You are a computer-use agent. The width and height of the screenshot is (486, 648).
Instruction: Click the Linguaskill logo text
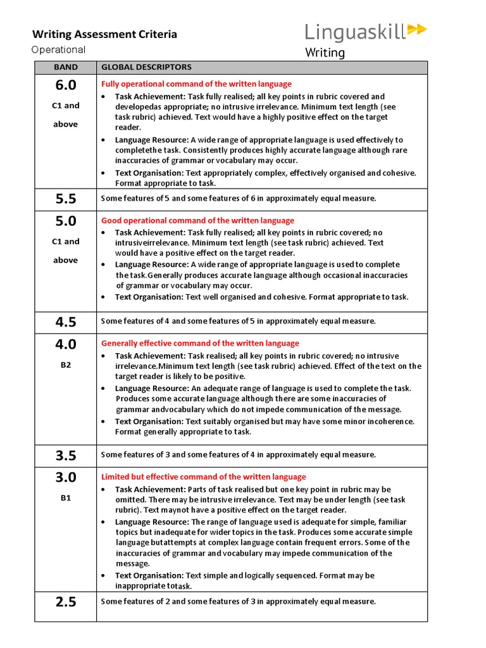pyautogui.click(x=356, y=31)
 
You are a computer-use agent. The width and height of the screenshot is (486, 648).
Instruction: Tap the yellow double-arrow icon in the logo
pyautogui.click(x=417, y=29)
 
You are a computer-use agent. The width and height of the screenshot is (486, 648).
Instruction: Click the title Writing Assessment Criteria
pyautogui.click(x=104, y=34)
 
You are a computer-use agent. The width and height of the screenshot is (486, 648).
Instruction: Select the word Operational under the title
pyautogui.click(x=59, y=50)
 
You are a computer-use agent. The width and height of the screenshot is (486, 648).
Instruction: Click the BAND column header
pyautogui.click(x=66, y=67)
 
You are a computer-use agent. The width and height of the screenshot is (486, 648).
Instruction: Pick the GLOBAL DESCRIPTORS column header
pyautogui.click(x=146, y=67)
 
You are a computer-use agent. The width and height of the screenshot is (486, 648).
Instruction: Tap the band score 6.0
pyautogui.click(x=66, y=85)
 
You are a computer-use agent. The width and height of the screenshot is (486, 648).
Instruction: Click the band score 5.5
pyautogui.click(x=66, y=199)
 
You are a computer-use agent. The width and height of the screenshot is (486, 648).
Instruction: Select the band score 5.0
pyautogui.click(x=66, y=221)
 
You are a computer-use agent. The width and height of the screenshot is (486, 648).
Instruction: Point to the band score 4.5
pyautogui.click(x=66, y=321)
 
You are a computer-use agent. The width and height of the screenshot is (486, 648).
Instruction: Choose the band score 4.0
pyautogui.click(x=66, y=344)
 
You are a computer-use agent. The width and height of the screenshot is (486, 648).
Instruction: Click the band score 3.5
pyautogui.click(x=66, y=455)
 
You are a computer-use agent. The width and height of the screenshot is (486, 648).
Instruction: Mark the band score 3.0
pyautogui.click(x=66, y=477)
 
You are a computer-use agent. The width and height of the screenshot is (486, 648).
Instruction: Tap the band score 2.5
pyautogui.click(x=66, y=602)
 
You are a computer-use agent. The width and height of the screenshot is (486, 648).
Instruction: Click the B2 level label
pyautogui.click(x=66, y=365)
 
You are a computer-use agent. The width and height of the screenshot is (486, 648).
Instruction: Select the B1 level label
pyautogui.click(x=66, y=498)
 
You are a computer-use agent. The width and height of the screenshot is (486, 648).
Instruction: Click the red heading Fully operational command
pyautogui.click(x=196, y=84)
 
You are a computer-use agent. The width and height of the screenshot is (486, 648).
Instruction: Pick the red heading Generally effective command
pyautogui.click(x=200, y=344)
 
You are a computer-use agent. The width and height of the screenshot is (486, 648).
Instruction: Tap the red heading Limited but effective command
pyautogui.click(x=203, y=477)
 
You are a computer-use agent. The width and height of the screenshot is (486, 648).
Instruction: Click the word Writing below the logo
pyautogui.click(x=325, y=53)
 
